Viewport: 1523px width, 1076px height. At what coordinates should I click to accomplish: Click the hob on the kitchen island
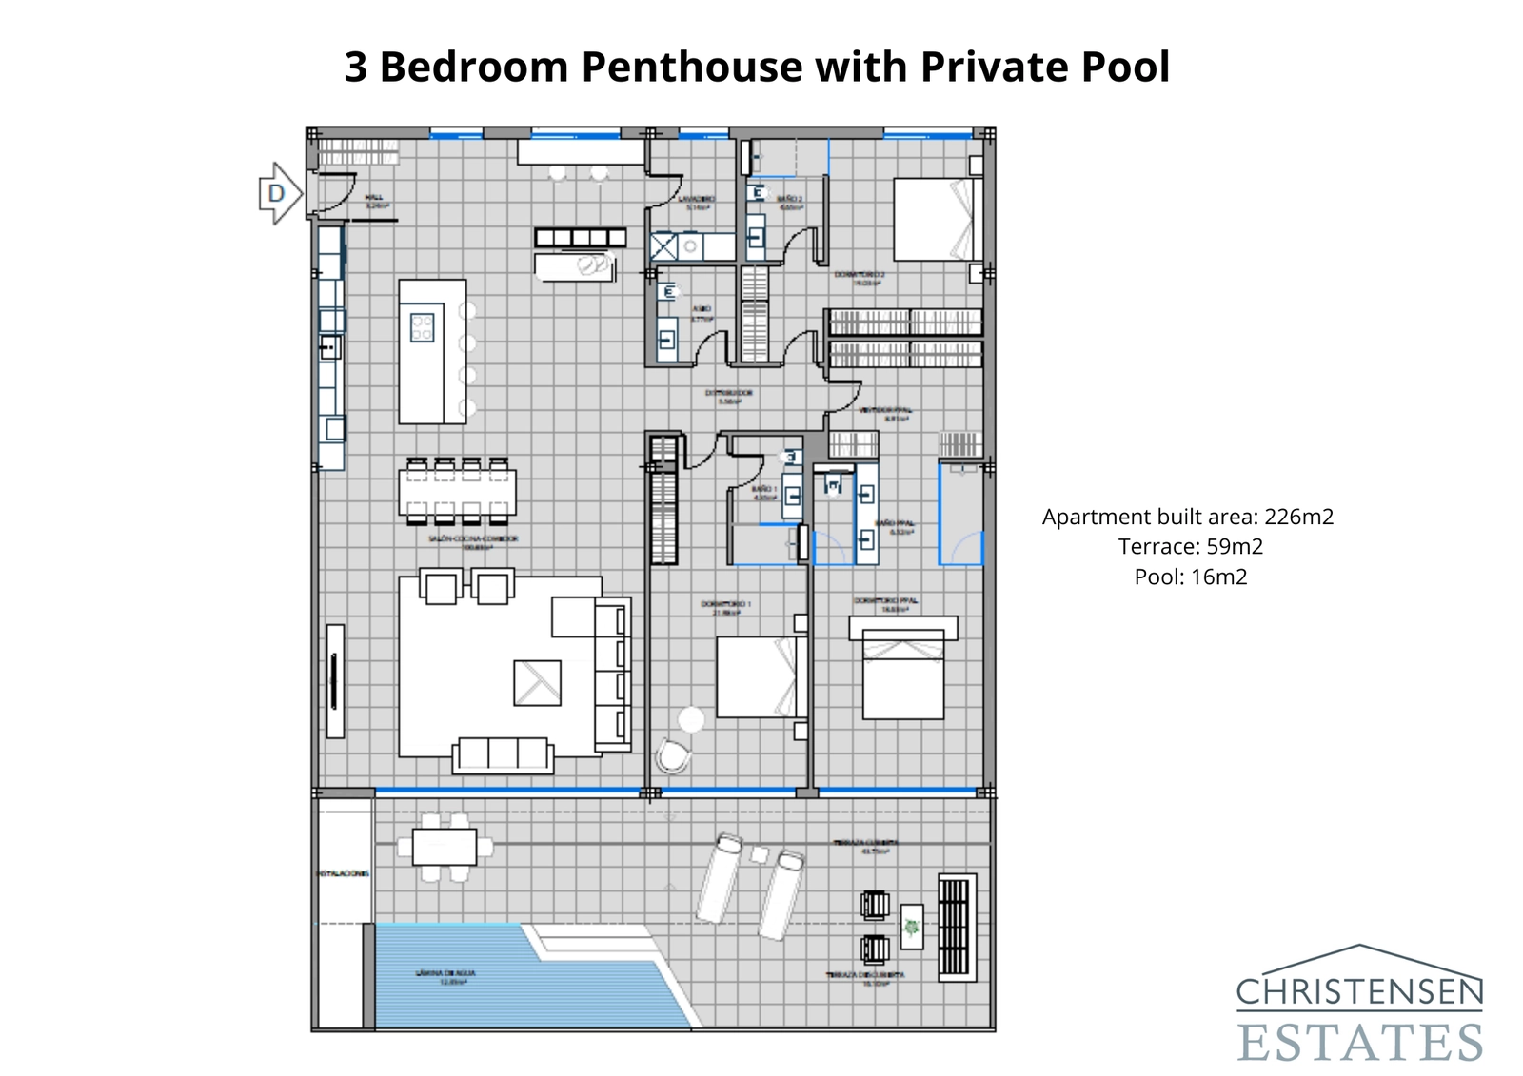(x=422, y=327)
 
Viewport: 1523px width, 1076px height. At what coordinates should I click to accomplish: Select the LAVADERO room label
(x=698, y=203)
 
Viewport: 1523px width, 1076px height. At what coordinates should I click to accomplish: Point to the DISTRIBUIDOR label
(x=729, y=396)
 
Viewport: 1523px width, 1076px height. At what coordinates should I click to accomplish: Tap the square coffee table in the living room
(x=537, y=683)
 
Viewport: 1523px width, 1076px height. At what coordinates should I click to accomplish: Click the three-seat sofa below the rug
(x=503, y=754)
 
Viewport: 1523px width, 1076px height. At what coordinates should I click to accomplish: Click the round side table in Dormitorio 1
(x=691, y=719)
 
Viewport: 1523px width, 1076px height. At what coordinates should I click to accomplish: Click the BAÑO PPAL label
(x=896, y=527)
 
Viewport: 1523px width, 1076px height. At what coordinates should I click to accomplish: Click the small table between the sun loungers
(x=760, y=854)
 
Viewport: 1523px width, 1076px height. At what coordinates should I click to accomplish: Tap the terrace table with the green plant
(x=912, y=926)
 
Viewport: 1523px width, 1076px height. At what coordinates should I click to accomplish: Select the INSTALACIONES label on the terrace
(x=343, y=872)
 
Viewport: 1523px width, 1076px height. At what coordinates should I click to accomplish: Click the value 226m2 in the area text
(x=1298, y=517)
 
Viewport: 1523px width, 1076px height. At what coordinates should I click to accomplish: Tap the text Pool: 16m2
(x=1190, y=577)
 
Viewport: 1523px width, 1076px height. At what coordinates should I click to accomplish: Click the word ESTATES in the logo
(x=1359, y=1042)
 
